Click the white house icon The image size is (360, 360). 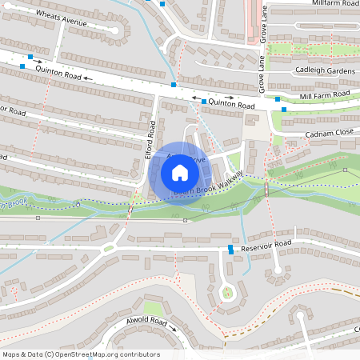(180, 173)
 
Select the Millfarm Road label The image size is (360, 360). (324, 4)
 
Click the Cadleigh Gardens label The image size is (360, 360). (314, 70)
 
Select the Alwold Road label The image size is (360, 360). (146, 322)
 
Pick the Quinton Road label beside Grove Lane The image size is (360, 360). (231, 105)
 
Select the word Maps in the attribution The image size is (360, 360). (12, 354)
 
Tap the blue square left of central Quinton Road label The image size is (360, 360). (204, 102)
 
